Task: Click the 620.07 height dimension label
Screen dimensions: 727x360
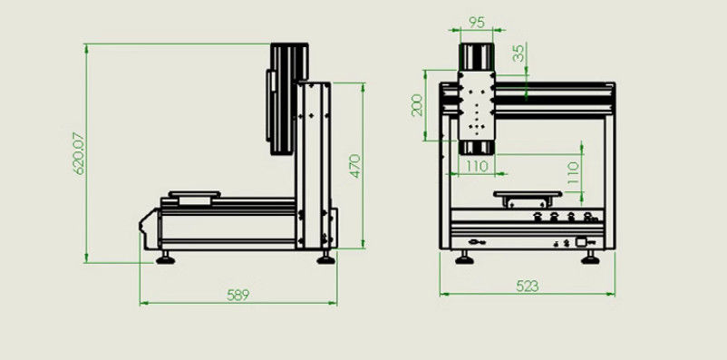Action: point(79,153)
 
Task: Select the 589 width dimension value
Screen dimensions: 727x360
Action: point(237,296)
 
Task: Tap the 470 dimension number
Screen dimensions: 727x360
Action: point(354,166)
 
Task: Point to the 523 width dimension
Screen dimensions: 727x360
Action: point(528,287)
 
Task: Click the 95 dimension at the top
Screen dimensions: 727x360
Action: point(477,23)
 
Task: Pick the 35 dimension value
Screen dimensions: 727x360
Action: point(519,54)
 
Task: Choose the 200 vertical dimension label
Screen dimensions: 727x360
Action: point(417,105)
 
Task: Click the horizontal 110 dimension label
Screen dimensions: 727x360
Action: point(477,166)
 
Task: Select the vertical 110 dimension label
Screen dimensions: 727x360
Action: point(573,172)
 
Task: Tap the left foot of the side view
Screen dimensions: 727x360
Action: point(166,258)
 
